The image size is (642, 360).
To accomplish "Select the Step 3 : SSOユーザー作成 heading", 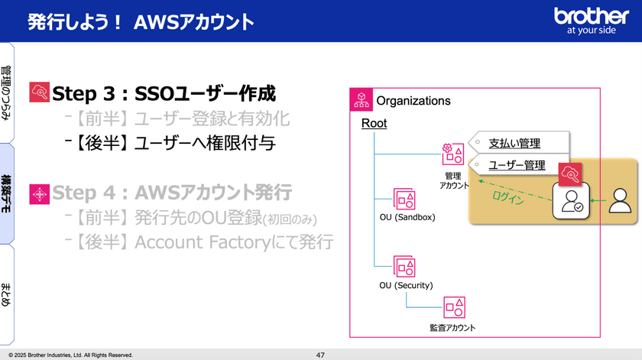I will (x=164, y=93).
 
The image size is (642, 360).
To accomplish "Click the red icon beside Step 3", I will (x=39, y=93).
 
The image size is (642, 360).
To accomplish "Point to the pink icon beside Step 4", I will (x=39, y=194).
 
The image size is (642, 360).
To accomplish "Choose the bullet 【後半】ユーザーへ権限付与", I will (x=170, y=143).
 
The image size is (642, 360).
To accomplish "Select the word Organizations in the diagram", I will (x=413, y=101).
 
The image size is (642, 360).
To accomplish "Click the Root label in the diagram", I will (x=374, y=123).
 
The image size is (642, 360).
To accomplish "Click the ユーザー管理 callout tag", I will (x=517, y=164).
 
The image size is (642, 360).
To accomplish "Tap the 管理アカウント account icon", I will (x=452, y=154).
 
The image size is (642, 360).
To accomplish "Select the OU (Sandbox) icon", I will (x=404, y=199).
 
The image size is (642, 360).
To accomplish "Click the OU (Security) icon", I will (x=404, y=267).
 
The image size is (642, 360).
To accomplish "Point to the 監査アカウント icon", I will (x=454, y=306).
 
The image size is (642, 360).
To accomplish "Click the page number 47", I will (x=320, y=355).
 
